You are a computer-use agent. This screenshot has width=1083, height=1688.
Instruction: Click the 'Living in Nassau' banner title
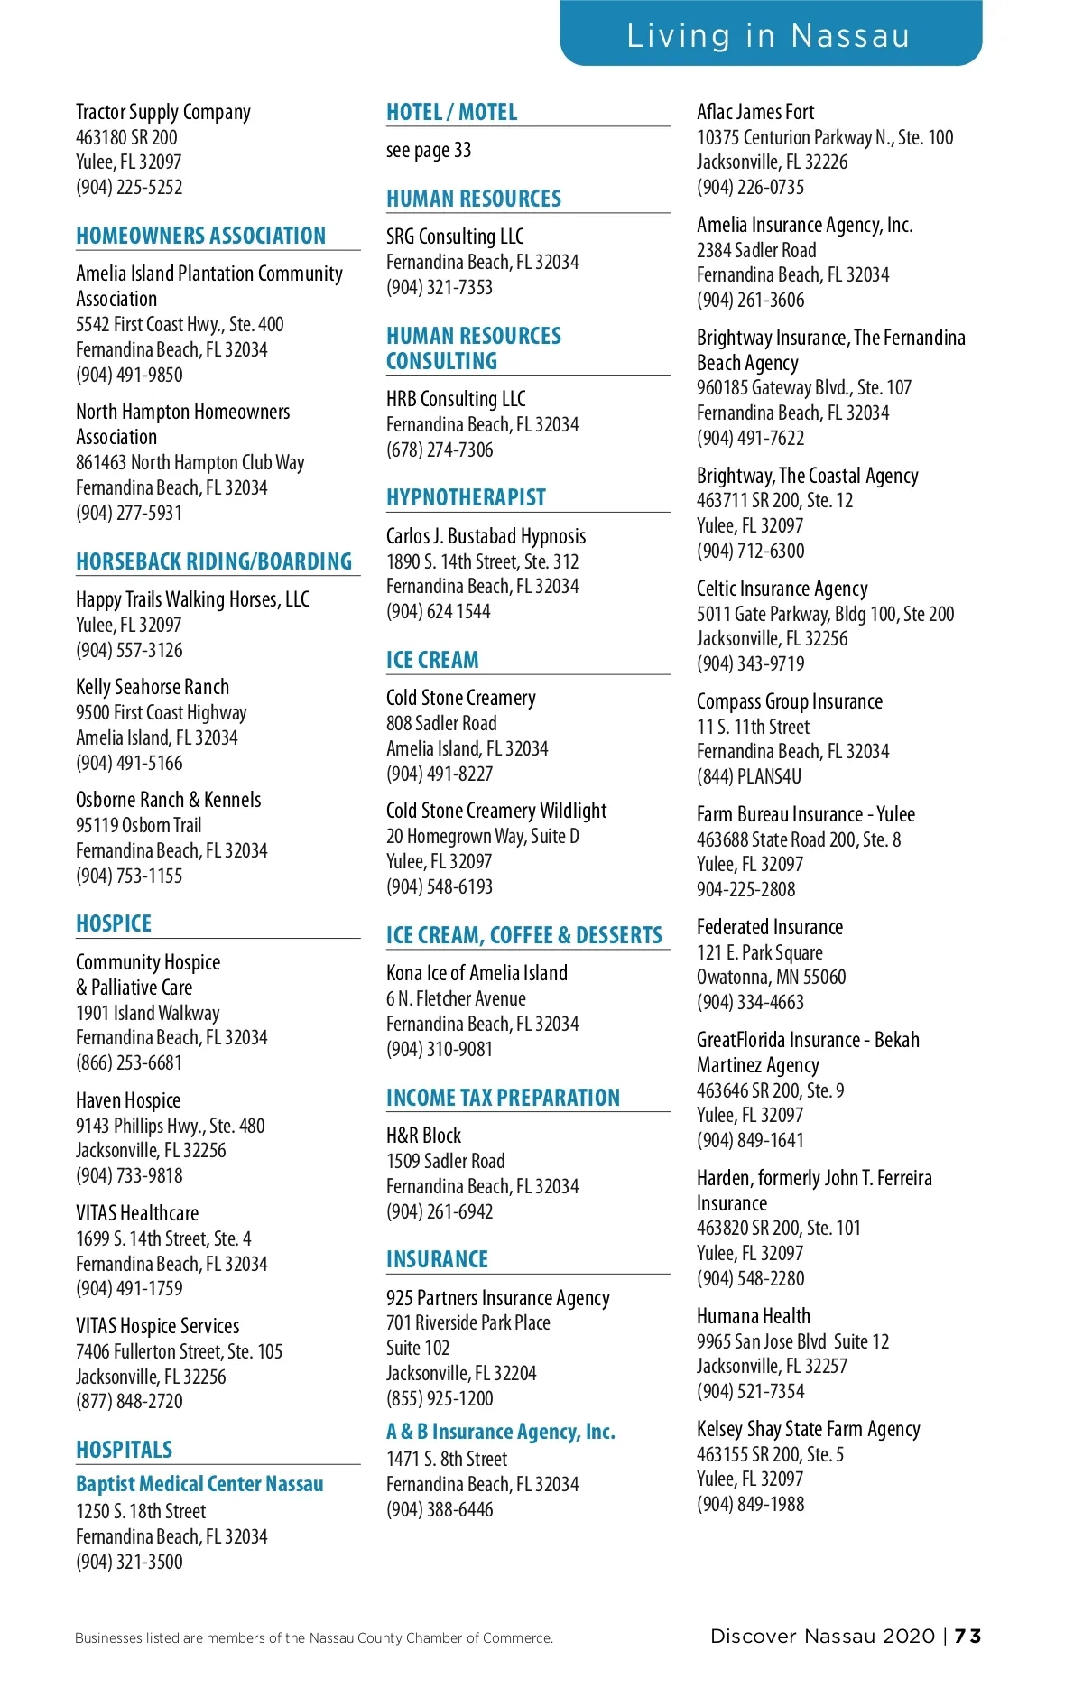tap(768, 36)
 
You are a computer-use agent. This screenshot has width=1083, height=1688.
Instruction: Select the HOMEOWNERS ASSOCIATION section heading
tap(200, 236)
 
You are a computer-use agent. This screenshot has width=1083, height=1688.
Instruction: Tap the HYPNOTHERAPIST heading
tap(466, 497)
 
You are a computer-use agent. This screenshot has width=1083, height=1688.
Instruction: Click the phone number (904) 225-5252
tap(129, 187)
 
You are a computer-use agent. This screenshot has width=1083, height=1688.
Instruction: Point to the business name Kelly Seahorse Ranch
tap(153, 687)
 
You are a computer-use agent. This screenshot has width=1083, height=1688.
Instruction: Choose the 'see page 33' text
tap(429, 150)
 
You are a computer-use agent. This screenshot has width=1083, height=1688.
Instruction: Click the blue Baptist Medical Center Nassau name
tap(199, 1484)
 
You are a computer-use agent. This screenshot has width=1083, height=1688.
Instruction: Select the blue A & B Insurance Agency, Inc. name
tap(500, 1432)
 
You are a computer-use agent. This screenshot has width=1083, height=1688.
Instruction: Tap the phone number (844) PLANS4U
tap(748, 776)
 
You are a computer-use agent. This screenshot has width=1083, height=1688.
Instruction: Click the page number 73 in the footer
tap(967, 1636)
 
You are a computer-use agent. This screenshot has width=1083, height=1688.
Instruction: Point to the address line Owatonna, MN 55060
tap(771, 977)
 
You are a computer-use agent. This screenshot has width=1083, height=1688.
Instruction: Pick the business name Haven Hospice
tap(128, 1100)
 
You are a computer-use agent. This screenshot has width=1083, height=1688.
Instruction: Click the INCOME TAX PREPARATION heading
tap(503, 1098)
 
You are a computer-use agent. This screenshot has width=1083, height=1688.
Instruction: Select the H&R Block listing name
tap(423, 1136)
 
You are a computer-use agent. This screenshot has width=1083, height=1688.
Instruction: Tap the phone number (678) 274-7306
tap(440, 450)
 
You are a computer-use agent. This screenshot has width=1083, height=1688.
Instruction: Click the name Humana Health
tap(753, 1316)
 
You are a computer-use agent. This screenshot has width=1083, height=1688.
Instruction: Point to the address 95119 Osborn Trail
tap(138, 825)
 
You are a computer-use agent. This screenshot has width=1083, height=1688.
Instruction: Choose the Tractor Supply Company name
tap(163, 112)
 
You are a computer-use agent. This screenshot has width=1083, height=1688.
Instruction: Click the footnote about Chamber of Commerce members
tap(313, 1637)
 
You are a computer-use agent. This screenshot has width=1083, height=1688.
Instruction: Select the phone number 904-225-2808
tap(745, 889)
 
